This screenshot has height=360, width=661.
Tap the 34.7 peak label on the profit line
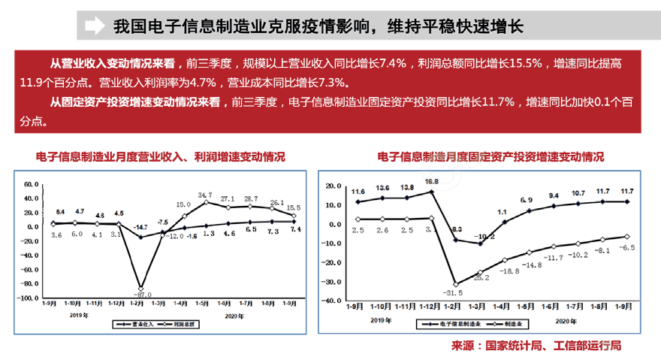205,195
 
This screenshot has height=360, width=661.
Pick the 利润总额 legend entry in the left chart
180,325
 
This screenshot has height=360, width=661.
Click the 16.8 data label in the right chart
431,182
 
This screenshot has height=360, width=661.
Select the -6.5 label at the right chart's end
626,247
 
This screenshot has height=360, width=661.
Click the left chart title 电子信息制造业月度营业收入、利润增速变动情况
161,157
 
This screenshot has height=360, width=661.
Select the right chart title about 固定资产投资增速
491,157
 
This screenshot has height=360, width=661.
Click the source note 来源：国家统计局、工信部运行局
536,346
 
